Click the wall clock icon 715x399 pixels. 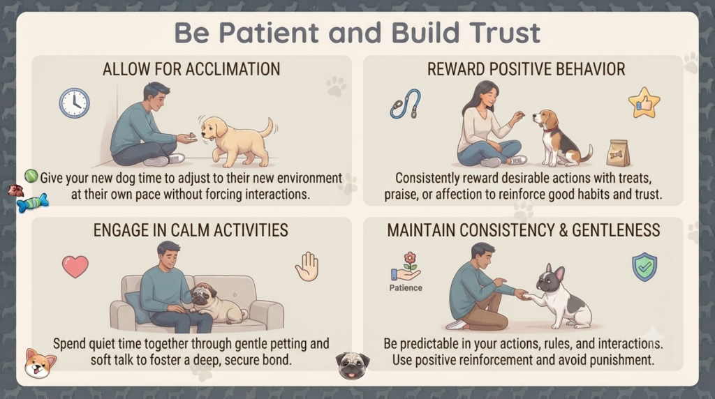74,103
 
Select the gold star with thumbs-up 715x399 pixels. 644,103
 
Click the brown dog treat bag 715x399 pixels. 619,153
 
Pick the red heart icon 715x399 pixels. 75,266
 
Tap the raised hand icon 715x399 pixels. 307,266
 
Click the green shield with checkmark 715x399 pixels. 644,267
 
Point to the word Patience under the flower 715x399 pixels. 406,288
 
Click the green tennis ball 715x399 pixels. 31,176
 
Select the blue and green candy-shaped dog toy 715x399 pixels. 32,203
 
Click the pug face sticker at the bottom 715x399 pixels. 353,366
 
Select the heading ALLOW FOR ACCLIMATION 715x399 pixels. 191,69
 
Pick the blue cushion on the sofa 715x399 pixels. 137,308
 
